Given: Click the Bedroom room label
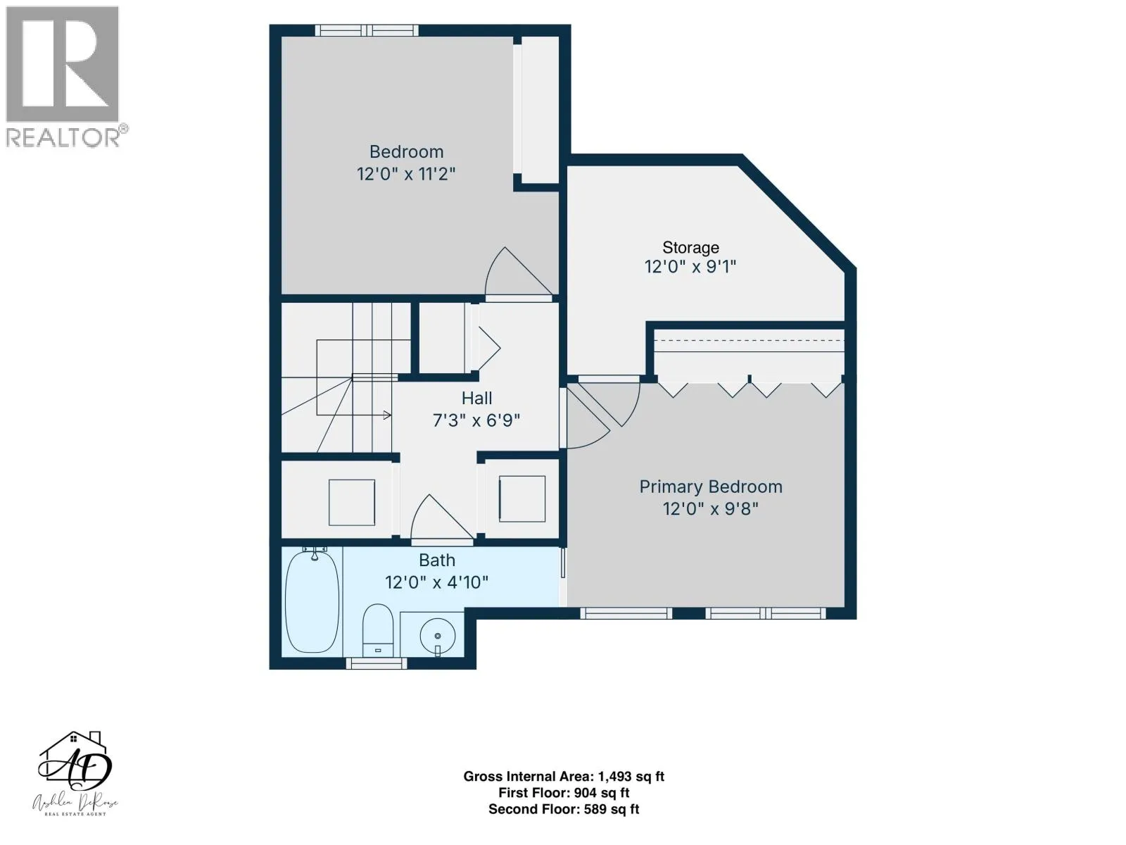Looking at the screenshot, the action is click(406, 152).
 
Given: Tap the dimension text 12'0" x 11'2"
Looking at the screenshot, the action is click(406, 174).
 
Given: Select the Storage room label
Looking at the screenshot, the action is click(690, 247).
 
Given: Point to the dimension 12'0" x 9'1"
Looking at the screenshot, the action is click(690, 267).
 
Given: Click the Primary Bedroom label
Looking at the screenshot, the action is click(711, 487).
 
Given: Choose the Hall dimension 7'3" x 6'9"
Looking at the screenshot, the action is click(476, 420).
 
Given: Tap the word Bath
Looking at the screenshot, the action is click(436, 561).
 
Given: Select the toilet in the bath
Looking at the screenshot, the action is click(377, 630).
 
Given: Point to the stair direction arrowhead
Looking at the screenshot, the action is click(387, 415).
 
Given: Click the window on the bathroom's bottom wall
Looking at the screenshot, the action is click(377, 664).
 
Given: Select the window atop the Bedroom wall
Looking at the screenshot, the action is click(366, 30).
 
